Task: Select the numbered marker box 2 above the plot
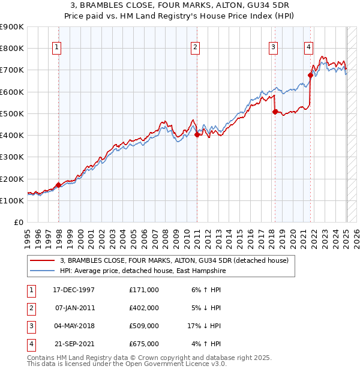tap(196, 47)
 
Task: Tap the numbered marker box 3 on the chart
tap(273, 47)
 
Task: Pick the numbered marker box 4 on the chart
tap(308, 47)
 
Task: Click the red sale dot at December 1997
tap(58, 185)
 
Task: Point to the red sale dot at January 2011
tap(197, 135)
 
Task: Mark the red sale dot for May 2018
tap(275, 112)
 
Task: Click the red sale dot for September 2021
tap(310, 76)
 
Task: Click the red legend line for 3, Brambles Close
tap(41, 260)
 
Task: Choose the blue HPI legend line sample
tap(41, 271)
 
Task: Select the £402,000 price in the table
tap(144, 308)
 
